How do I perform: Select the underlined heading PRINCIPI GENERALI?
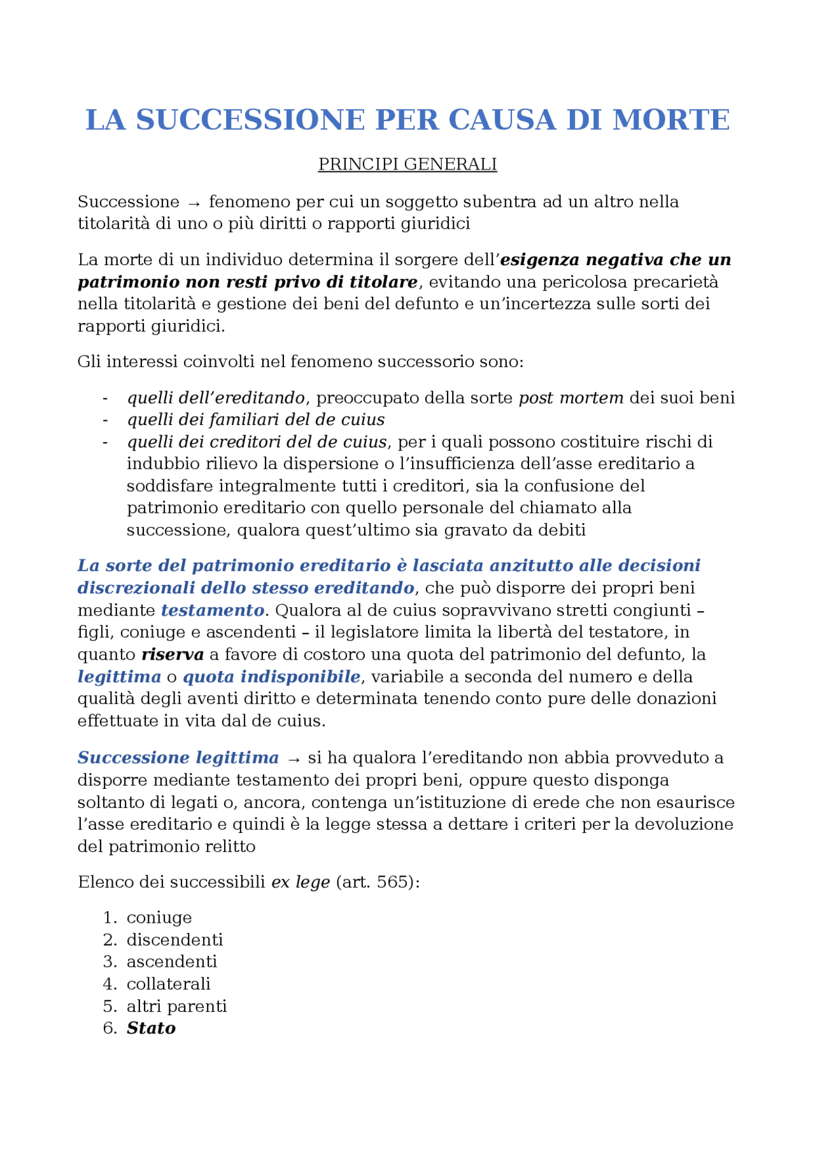click(407, 164)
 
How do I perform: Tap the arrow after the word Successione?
click(194, 203)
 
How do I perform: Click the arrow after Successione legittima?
click(294, 759)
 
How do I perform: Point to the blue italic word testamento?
click(212, 610)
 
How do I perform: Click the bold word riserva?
click(172, 654)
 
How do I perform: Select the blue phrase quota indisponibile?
click(271, 677)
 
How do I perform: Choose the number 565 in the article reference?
click(393, 883)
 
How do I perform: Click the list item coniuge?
click(159, 918)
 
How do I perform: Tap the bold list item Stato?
click(151, 1028)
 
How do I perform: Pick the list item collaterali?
click(168, 984)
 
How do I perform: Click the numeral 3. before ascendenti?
click(110, 962)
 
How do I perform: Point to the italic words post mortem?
click(570, 398)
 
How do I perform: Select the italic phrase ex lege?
click(301, 883)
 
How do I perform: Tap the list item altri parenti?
click(176, 1006)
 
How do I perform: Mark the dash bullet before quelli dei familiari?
click(105, 420)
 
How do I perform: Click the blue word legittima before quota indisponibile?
click(119, 677)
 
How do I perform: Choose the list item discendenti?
click(174, 940)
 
